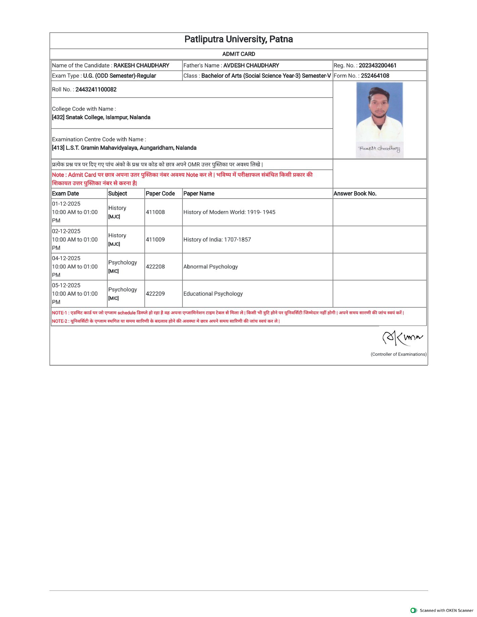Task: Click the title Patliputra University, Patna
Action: tap(239, 39)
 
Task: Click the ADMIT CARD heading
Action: tap(239, 54)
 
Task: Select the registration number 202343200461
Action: tap(378, 66)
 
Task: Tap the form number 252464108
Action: tap(375, 76)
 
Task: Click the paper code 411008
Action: tap(155, 212)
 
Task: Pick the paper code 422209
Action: tap(155, 294)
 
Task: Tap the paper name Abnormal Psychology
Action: tap(210, 267)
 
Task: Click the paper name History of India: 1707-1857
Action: tap(217, 240)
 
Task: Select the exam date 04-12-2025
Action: tap(66, 258)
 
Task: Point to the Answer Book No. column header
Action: tap(355, 193)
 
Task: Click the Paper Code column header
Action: tap(160, 193)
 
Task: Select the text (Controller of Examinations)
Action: tap(398, 354)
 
